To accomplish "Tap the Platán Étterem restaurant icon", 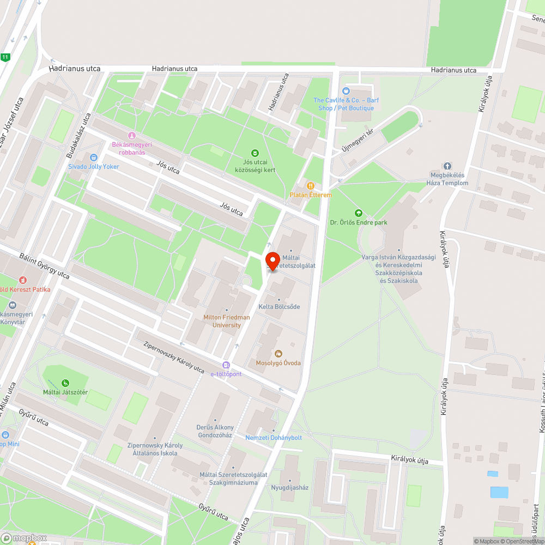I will (310, 186).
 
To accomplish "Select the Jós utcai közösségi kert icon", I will (254, 153).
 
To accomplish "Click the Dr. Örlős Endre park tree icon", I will (358, 213).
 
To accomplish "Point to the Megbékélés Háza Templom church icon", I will (447, 166).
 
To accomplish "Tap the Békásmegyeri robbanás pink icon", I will (131, 135).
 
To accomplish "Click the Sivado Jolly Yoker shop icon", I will (93, 158).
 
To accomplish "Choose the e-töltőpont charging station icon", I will (226, 365).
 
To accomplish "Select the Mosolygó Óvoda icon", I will (278, 354).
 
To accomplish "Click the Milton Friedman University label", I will (226, 321).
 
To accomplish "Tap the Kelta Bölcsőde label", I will (279, 307).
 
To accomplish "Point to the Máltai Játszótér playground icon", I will (66, 383).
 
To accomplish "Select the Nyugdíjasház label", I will (290, 487).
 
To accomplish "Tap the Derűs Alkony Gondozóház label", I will (215, 431).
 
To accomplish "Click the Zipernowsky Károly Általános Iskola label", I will (155, 449).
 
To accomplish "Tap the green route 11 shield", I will (5, 57).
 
